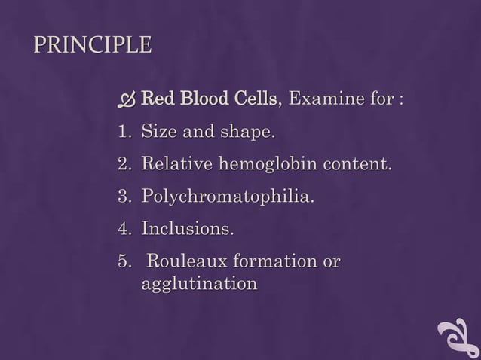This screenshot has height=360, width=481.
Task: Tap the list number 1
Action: click(x=123, y=133)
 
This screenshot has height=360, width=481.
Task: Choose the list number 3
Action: click(x=123, y=197)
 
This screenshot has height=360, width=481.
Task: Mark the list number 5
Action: click(x=123, y=262)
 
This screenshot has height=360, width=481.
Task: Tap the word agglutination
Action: click(x=199, y=285)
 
